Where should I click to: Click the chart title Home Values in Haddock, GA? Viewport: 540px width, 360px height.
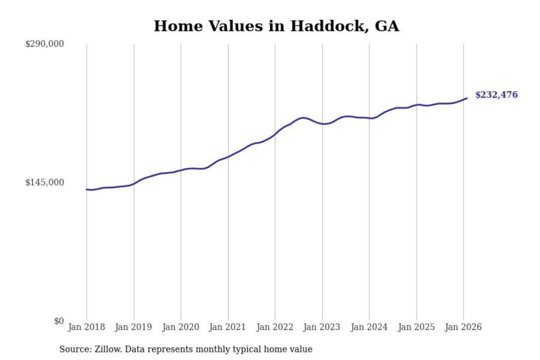[x=276, y=26]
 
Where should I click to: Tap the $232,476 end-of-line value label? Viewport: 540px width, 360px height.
[x=496, y=95]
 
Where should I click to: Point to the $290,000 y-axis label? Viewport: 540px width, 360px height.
[x=44, y=44]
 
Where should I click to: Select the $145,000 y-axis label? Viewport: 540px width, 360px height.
[x=44, y=183]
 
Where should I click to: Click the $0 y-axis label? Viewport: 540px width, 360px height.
[x=58, y=321]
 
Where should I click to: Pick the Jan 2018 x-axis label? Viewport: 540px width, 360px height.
[x=86, y=327]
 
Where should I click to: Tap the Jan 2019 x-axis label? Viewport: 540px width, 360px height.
[x=133, y=327]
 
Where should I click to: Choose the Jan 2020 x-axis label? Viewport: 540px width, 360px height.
[x=180, y=327]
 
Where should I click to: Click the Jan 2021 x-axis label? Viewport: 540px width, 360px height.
[x=227, y=327]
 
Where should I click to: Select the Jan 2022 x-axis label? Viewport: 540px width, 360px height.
[x=274, y=327]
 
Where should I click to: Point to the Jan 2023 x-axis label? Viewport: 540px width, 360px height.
[x=321, y=327]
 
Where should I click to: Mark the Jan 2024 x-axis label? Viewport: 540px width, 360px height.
[x=369, y=327]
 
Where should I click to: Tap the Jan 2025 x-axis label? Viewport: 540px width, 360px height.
[x=416, y=327]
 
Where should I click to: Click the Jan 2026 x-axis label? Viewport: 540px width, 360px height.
[x=463, y=327]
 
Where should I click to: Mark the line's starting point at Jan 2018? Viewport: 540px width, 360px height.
[x=87, y=189]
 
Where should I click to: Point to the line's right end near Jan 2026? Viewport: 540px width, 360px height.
[x=467, y=98]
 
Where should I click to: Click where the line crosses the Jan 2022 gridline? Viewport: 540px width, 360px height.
[x=275, y=134]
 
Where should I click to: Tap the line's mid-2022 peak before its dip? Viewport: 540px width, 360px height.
[x=303, y=118]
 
